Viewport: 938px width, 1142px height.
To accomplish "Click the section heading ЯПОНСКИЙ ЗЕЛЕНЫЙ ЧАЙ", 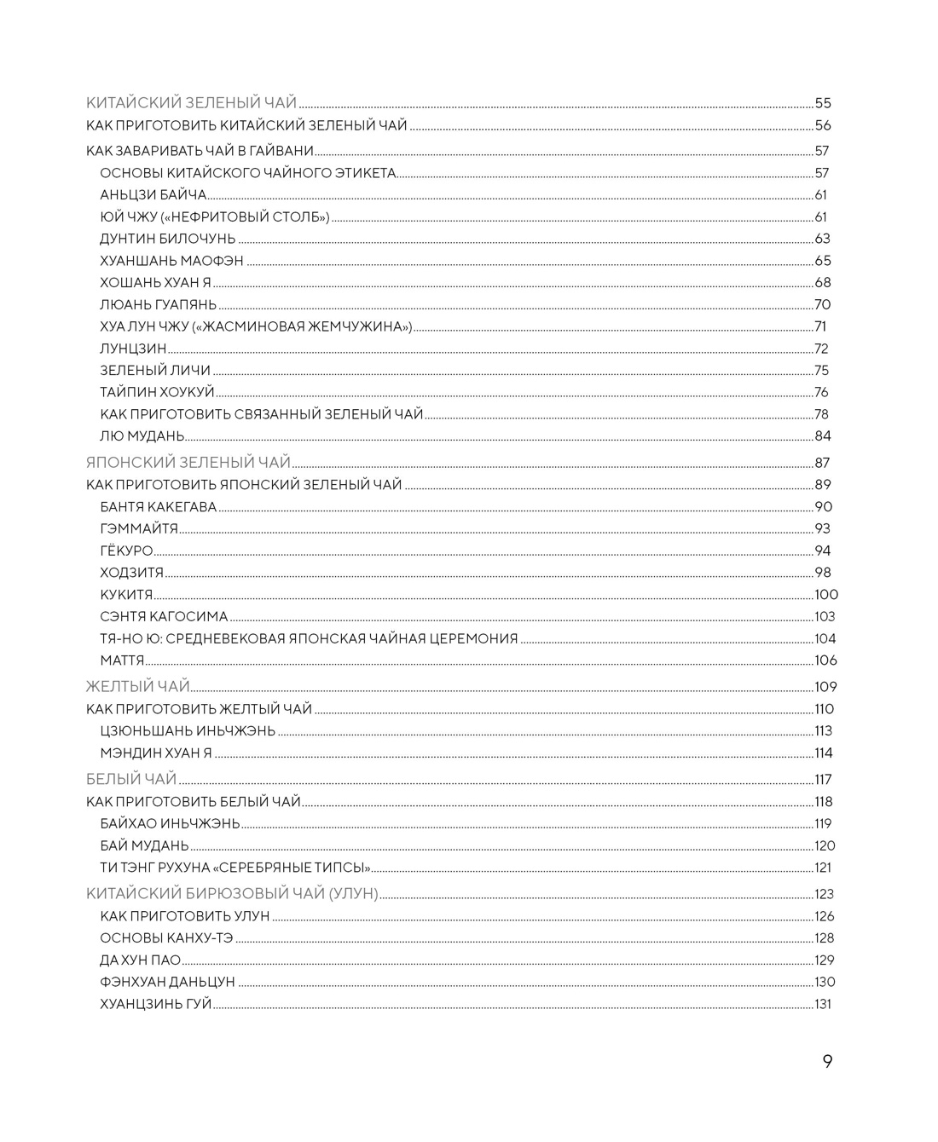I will tap(188, 463).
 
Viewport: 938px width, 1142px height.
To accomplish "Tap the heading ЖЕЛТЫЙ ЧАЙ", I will tap(137, 687).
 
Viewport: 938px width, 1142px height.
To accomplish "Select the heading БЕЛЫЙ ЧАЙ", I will tap(131, 779).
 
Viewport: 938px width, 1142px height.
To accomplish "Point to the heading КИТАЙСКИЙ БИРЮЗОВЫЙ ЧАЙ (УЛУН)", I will tap(232, 894).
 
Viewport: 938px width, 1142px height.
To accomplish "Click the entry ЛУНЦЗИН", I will tap(133, 349).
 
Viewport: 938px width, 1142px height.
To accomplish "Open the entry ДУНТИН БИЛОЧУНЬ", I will tap(167, 239).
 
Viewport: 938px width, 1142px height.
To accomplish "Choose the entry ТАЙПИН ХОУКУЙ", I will tap(157, 392).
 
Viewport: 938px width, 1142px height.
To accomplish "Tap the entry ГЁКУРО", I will tap(126, 551).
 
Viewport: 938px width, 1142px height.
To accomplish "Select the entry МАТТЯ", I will tap(122, 660).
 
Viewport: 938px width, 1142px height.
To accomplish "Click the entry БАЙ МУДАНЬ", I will tap(144, 845).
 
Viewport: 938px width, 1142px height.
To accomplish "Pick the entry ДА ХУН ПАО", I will tap(140, 960).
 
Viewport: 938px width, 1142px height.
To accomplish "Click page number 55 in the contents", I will tap(823, 103).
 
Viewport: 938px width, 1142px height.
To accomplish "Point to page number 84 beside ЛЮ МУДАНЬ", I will tap(823, 436).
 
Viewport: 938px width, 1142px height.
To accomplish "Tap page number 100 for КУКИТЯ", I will tap(826, 595).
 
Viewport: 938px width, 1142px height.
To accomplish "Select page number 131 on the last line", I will tap(823, 1004).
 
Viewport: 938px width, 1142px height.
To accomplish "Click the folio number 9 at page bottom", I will tap(827, 1061).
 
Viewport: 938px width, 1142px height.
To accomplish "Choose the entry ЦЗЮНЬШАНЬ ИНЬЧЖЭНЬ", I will tap(188, 731).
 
